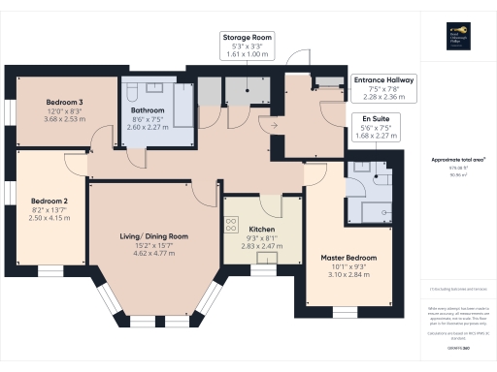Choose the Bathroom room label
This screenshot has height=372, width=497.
146,111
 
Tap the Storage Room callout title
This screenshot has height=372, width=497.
246,37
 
